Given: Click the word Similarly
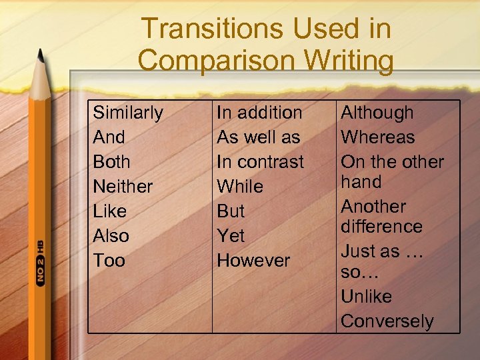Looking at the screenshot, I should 127,113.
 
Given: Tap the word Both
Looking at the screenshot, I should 111,162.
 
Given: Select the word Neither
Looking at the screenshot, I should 123,187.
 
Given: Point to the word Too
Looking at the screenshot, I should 109,261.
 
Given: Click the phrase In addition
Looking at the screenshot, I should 259,113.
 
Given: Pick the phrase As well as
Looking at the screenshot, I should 259,137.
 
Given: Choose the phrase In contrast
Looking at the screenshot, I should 260,162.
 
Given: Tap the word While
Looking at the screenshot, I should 240,187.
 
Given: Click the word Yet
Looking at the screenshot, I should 231,236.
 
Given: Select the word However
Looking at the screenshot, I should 253,261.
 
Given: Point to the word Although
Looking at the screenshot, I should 377,113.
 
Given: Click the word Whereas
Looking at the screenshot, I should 377,137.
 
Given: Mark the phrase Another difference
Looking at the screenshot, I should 381,217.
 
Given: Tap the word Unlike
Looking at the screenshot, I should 366,297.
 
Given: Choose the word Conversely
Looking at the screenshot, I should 387,321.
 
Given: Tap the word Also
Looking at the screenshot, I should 111,236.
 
